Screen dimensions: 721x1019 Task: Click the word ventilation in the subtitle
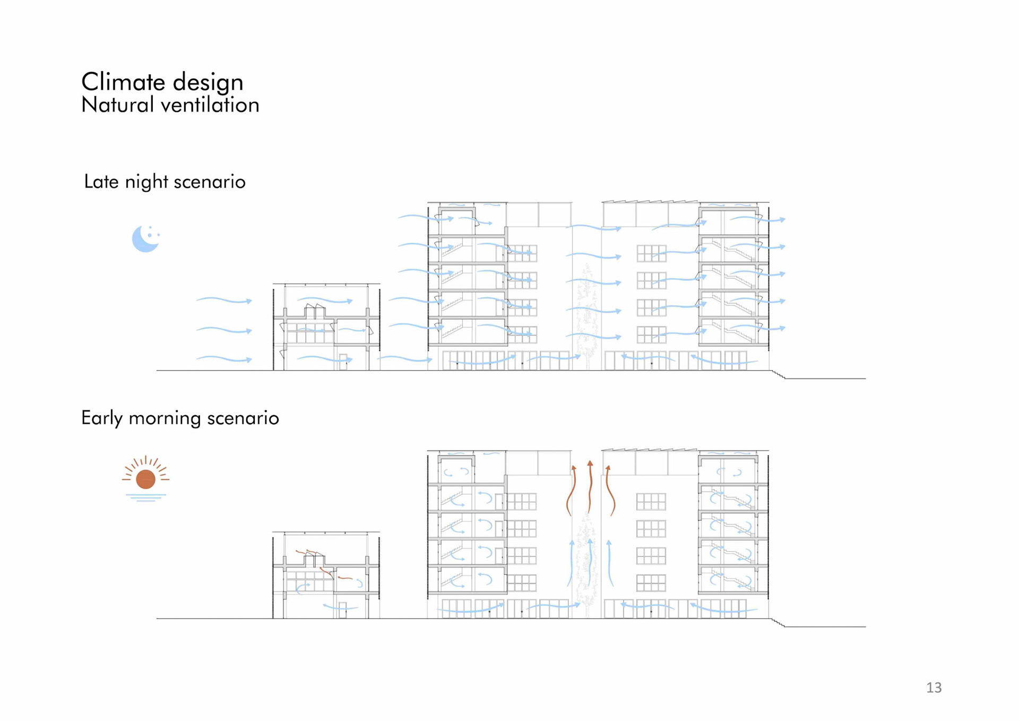click(210, 105)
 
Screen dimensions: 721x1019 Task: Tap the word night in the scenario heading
click(146, 182)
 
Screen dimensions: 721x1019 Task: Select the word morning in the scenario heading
click(165, 418)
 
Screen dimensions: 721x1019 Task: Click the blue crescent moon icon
click(144, 239)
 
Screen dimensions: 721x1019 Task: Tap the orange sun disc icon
click(145, 479)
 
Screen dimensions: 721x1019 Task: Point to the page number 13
click(934, 688)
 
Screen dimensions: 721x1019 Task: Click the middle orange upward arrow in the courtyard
click(590, 486)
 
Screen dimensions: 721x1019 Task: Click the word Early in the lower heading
click(101, 418)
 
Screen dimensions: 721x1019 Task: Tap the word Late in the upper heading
click(101, 182)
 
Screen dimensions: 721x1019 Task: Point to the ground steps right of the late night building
click(778, 375)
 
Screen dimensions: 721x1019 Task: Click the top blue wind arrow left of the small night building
click(224, 301)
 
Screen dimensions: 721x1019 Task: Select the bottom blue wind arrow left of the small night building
click(224, 359)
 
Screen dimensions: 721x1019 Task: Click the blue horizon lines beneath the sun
click(145, 497)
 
